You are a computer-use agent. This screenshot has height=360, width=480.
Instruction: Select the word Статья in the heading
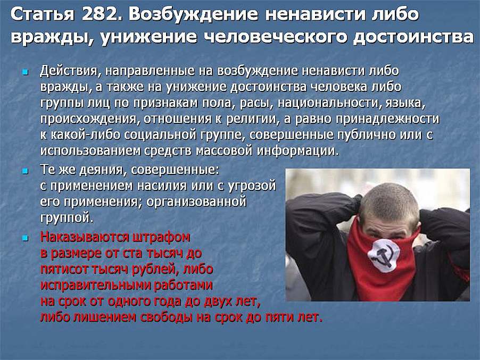(x=43, y=14)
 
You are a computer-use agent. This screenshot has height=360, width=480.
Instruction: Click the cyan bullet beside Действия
(x=25, y=72)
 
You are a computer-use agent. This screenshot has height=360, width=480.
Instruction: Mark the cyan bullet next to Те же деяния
(x=25, y=171)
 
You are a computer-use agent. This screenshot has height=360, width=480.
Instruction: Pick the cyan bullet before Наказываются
(x=25, y=238)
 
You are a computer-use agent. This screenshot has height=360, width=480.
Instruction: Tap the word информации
(x=298, y=151)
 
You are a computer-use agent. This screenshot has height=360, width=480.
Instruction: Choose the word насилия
(x=162, y=186)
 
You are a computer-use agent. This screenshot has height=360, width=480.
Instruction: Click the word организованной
(x=196, y=202)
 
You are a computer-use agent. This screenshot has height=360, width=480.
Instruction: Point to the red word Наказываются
(x=85, y=237)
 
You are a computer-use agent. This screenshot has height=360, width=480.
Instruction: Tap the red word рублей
(x=155, y=269)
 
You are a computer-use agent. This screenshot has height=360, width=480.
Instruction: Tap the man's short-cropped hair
(x=389, y=200)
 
